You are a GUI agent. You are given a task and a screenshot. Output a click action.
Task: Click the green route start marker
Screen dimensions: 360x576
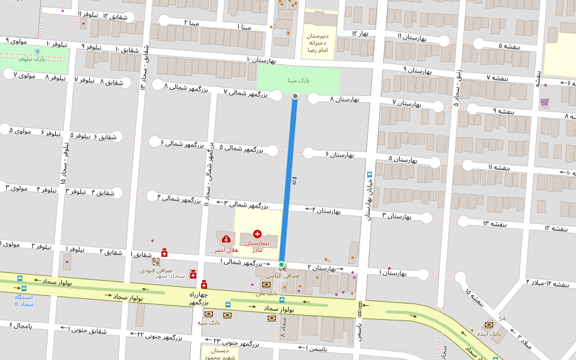click(281, 264)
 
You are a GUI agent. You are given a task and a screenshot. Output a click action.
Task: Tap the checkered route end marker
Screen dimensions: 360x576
click(294, 96)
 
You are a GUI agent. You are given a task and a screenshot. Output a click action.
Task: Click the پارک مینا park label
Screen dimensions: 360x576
click(298, 80)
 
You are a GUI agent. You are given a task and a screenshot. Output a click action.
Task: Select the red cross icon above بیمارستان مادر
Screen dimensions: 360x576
click(257, 233)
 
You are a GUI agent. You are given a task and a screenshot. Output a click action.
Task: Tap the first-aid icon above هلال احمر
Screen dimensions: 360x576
click(226, 239)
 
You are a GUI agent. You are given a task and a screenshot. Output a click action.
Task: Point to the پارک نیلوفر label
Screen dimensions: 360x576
click(31, 59)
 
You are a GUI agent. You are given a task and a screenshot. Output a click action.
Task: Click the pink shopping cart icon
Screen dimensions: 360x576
click(544, 102)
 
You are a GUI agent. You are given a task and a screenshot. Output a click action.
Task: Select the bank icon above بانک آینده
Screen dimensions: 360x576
click(489, 324)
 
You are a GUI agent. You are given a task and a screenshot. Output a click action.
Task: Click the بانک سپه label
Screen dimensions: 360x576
click(209, 322)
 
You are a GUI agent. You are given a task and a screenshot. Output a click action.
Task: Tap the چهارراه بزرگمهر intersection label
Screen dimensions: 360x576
click(199, 298)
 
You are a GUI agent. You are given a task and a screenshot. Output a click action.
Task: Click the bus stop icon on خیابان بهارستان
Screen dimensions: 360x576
click(370, 175)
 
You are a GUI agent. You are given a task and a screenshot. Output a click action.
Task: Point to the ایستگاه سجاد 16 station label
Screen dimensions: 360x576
click(24, 300)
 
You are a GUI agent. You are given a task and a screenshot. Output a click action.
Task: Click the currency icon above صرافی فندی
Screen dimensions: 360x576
click(156, 262)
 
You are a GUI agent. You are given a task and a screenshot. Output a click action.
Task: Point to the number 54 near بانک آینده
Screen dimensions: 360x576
click(502, 319)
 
